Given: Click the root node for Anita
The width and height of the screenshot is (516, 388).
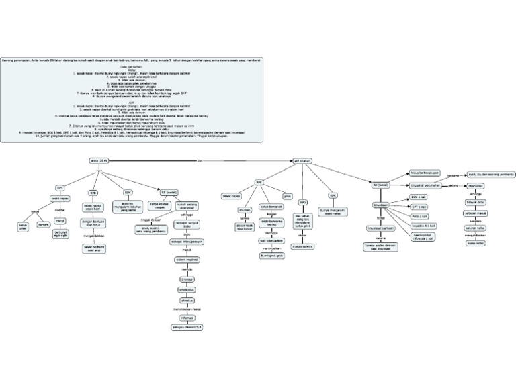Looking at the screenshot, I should coord(99,161).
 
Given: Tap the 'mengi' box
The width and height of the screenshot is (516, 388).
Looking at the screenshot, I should coord(59,220).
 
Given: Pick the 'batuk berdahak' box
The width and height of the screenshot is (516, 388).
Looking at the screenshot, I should coord(270,208).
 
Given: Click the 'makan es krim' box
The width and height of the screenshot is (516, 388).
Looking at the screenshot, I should coord(303,246).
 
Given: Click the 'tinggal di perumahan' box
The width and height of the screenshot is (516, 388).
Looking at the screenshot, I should coord(424,185).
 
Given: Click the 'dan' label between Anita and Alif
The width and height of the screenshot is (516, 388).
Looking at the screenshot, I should coord(200,161).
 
